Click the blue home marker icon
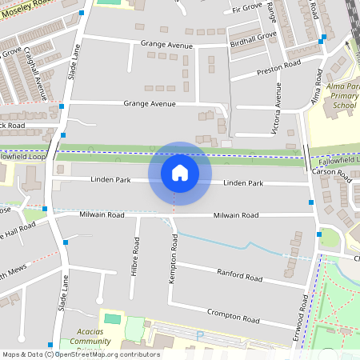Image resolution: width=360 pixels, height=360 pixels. [x=180, y=173]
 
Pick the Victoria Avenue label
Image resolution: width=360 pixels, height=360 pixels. [x=278, y=112]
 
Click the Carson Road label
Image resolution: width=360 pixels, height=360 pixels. [x=331, y=172]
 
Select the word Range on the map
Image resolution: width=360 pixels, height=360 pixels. [x=272, y=11]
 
